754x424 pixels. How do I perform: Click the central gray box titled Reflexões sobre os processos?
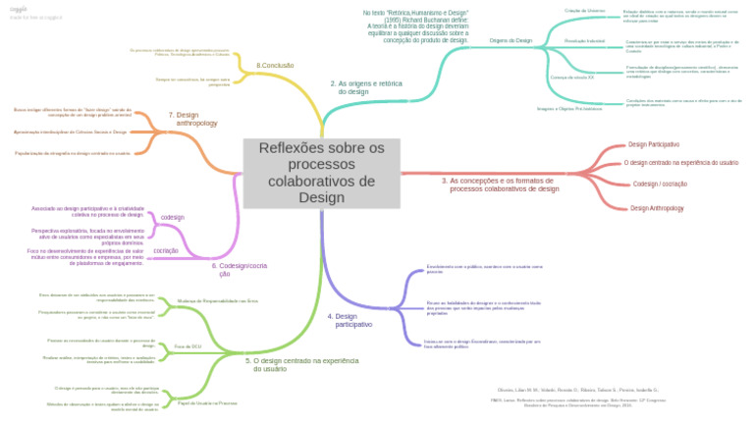point(322,173)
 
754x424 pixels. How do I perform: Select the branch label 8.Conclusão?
point(275,65)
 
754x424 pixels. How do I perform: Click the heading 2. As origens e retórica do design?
point(365,88)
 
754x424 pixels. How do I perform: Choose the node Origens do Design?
point(511,41)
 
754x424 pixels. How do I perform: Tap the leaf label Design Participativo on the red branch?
point(653,144)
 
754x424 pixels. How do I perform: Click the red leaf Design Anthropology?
point(657,208)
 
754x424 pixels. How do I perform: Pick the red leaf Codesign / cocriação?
point(660,184)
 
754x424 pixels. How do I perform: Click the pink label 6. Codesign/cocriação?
point(239,270)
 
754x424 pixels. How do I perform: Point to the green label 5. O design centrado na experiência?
point(301,365)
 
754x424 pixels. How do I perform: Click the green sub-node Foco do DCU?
point(188,346)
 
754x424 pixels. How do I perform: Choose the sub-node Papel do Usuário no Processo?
point(206,402)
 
